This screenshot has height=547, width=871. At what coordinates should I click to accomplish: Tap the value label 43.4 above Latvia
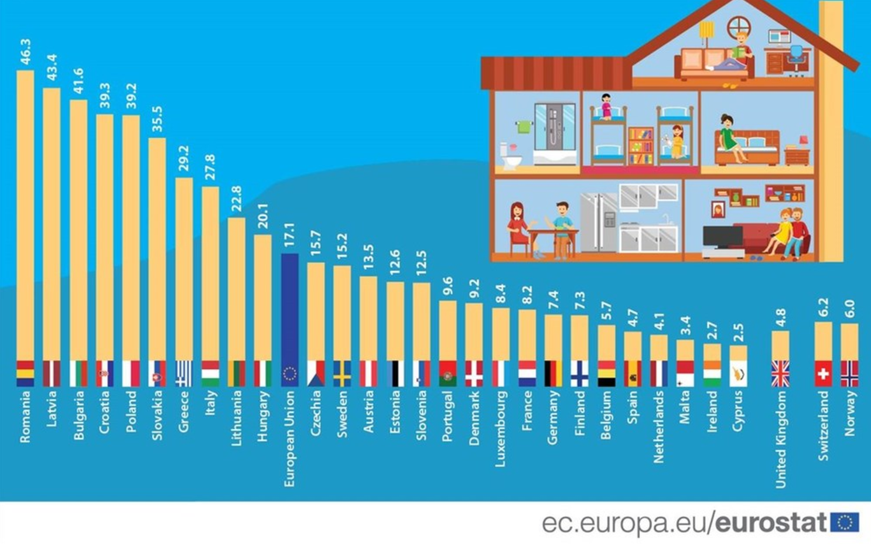[52, 67]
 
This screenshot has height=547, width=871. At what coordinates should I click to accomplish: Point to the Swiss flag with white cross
[823, 374]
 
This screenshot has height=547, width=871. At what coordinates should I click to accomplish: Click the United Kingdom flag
[780, 374]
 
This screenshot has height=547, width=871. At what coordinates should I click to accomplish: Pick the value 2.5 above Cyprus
[739, 333]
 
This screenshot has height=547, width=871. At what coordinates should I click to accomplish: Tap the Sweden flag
[342, 374]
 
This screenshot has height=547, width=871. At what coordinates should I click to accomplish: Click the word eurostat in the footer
[771, 522]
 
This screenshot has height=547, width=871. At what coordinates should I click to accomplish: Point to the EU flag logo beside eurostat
[844, 522]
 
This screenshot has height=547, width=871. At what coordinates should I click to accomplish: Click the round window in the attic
[739, 27]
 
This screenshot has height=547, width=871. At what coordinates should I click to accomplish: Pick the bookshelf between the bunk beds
[641, 146]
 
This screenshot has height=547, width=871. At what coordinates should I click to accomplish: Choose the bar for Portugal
[448, 331]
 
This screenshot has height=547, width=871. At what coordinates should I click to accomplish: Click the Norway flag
[849, 374]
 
